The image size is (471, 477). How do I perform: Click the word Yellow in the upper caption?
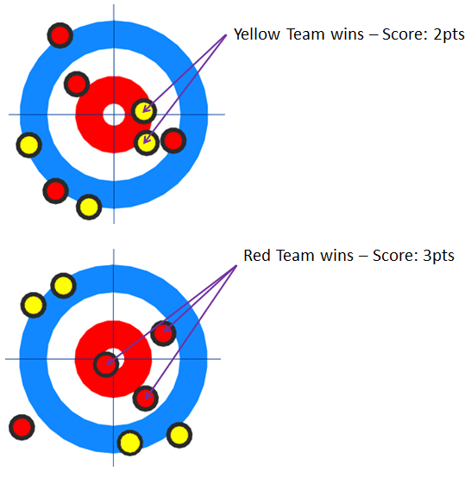256,34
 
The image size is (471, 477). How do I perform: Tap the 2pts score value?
449,34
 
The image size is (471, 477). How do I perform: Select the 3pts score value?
439,256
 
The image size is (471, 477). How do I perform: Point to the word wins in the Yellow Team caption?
348,34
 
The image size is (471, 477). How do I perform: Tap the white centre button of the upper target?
114,115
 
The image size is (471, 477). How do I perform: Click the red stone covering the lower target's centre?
106,364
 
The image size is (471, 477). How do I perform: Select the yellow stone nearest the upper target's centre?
144,111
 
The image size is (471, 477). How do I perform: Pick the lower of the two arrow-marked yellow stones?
147,143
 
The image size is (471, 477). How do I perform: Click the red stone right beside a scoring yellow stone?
173,140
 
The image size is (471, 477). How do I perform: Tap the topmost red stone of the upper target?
60,35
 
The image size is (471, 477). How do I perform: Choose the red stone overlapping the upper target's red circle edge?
77,84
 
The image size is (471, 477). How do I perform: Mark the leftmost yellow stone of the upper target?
29,145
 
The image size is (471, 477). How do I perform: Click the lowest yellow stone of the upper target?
89,207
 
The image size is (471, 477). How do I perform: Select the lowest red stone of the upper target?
55,191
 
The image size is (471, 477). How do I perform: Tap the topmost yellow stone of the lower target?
64,286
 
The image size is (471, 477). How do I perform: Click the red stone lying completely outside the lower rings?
22,427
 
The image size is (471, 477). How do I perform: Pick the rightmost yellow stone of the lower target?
179,435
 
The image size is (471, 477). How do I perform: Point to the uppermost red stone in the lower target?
164,333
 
